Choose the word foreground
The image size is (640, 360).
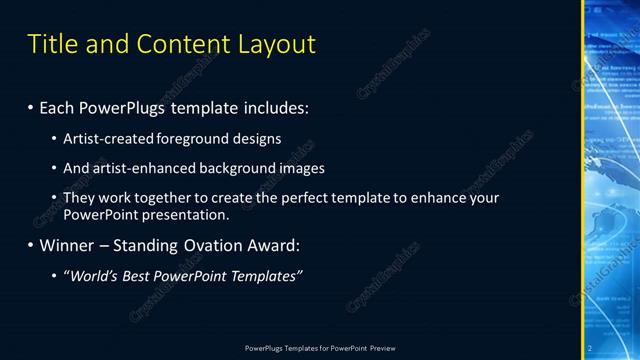click(x=206, y=138)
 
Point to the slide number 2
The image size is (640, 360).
click(x=590, y=347)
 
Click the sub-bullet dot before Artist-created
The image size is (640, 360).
click(x=67, y=138)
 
